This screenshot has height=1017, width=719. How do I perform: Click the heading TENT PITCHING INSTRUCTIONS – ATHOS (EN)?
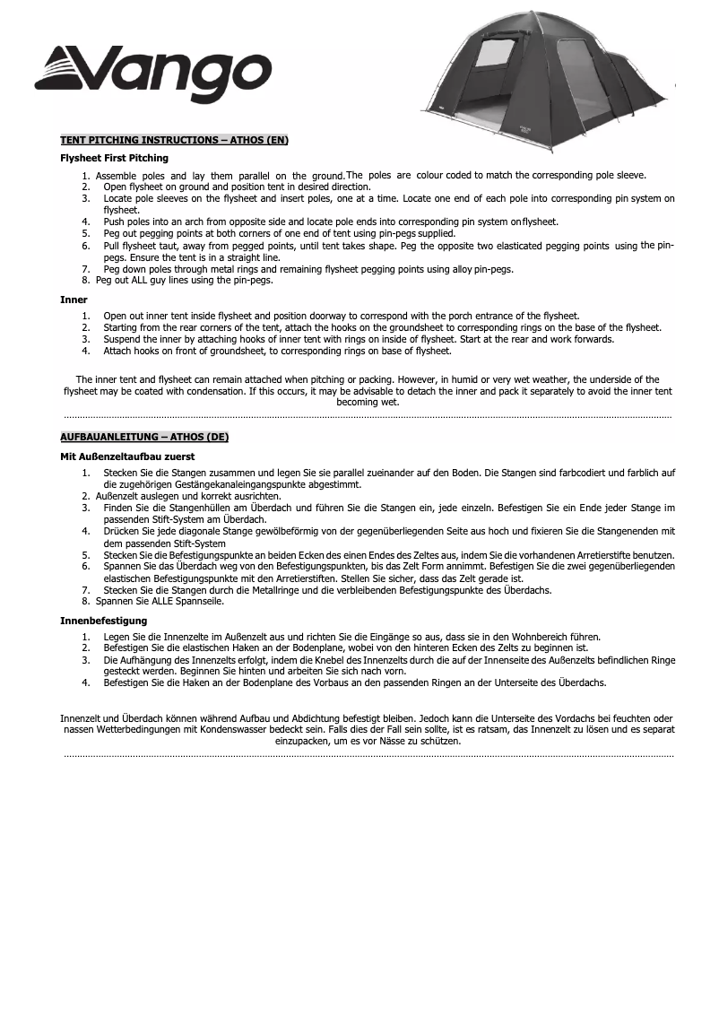[174, 140]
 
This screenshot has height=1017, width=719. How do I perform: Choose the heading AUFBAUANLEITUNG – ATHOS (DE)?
[143, 438]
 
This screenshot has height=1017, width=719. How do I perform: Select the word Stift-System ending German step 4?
[198, 543]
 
